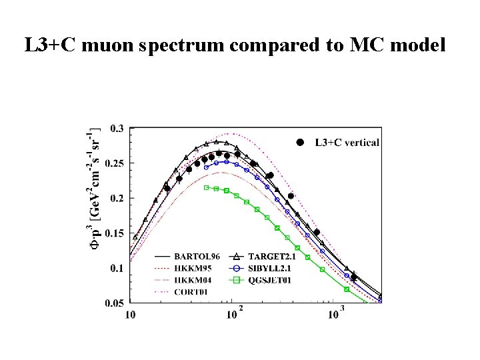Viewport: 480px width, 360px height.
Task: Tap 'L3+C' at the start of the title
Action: [45, 46]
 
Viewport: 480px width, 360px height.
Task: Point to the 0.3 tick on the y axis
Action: [117, 129]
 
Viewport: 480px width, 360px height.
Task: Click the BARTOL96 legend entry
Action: [197, 256]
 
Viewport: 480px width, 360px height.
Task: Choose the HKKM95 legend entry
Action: [195, 268]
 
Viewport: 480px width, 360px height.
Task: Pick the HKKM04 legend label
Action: [195, 279]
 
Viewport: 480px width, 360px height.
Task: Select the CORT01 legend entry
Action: [193, 291]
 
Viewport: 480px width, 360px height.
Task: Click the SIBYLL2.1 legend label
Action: [277, 268]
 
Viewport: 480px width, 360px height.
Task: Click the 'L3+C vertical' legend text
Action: [347, 142]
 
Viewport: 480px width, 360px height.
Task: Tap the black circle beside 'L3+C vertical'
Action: [300, 142]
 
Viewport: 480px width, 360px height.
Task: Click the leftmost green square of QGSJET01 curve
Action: [207, 187]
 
